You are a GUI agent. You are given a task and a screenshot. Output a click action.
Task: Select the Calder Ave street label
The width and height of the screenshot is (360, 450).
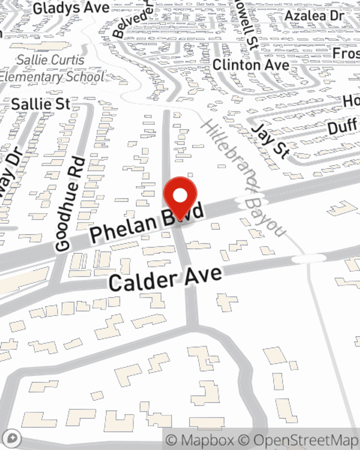165,278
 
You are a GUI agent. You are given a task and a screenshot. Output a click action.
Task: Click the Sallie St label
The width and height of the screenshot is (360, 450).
41,104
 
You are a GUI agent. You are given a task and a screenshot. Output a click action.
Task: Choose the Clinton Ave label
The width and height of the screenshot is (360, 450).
251,65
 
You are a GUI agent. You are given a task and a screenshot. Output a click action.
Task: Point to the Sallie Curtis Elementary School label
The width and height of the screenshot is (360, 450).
51,68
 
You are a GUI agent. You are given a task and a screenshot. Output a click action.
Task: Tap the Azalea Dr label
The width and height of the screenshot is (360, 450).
314,15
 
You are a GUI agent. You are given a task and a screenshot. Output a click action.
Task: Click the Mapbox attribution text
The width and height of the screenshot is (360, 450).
200,440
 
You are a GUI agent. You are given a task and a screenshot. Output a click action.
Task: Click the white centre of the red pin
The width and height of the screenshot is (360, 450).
180,196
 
